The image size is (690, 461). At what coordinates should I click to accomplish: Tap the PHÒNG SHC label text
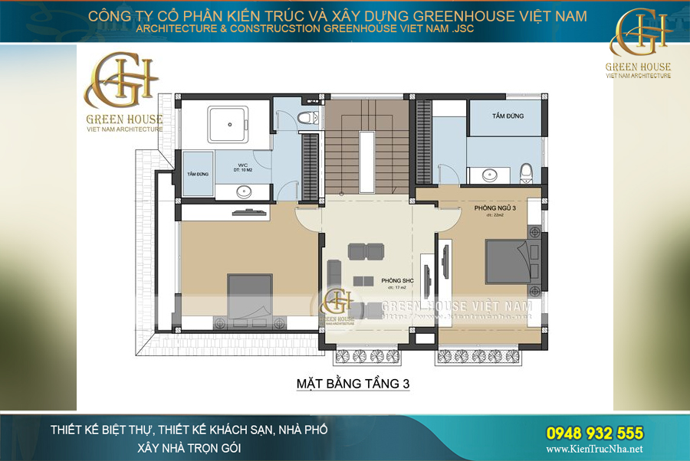pyautogui.click(x=397, y=281)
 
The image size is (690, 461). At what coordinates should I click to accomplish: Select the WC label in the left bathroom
pyautogui.click(x=242, y=164)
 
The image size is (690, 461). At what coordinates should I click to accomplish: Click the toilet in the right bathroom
pyautogui.click(x=527, y=173)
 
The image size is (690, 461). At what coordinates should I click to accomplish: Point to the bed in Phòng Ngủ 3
pyautogui.click(x=508, y=262)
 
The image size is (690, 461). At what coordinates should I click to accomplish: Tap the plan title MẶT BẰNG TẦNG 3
pyautogui.click(x=353, y=384)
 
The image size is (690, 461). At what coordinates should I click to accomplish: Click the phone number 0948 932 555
pyautogui.click(x=595, y=433)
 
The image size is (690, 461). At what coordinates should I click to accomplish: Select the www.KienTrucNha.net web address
pyautogui.click(x=595, y=450)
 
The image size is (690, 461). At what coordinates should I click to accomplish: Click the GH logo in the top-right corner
pyautogui.click(x=639, y=37)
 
